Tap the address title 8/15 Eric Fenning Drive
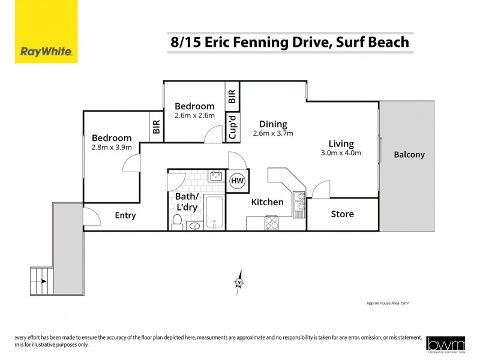290,42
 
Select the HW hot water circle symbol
238,181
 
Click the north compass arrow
239,283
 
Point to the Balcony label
409,155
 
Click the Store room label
342,214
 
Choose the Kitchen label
267,202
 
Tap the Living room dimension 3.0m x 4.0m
341,153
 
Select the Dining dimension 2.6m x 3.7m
273,133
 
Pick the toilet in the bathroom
177,223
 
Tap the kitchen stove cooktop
271,223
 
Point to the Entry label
125,215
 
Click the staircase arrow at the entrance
41,279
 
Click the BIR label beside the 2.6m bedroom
232,96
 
